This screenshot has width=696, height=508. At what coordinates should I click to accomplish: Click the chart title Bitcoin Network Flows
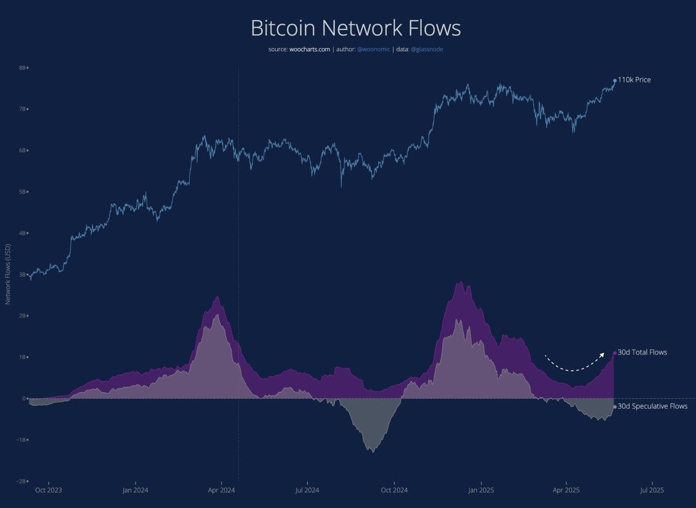pos(356,28)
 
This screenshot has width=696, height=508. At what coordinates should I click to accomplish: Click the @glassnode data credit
pos(427,49)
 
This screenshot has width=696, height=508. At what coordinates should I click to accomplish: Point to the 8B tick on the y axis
pos(23,68)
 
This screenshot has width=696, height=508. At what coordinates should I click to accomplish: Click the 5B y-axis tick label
pos(23,192)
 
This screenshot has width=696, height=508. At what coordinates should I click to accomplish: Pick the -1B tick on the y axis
pos(21,440)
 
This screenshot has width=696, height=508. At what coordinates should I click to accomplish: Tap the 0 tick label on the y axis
pos(24,398)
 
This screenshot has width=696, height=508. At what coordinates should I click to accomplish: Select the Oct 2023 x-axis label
pos(49,490)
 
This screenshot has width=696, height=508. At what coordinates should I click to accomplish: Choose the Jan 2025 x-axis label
pos(480,490)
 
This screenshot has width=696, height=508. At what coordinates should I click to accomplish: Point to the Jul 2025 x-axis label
pos(652,490)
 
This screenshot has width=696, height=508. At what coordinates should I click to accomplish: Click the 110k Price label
pos(634,79)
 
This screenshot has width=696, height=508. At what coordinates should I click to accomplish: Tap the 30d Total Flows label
pos(642,352)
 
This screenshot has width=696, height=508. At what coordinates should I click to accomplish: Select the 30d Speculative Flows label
pos(652,407)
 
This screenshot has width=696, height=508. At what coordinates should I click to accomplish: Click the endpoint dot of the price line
pos(615,81)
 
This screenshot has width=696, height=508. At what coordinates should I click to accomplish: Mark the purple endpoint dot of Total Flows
pos(615,353)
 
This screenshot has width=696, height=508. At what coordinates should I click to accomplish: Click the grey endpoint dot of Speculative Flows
pos(615,407)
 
